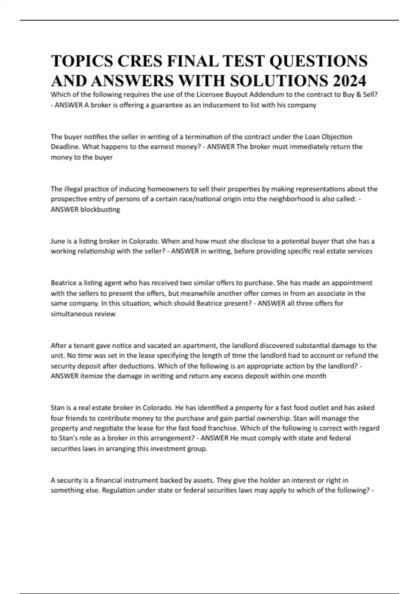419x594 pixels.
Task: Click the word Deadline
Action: pos(65,147)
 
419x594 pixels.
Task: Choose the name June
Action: pos(58,241)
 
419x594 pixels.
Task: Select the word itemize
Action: pos(91,376)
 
